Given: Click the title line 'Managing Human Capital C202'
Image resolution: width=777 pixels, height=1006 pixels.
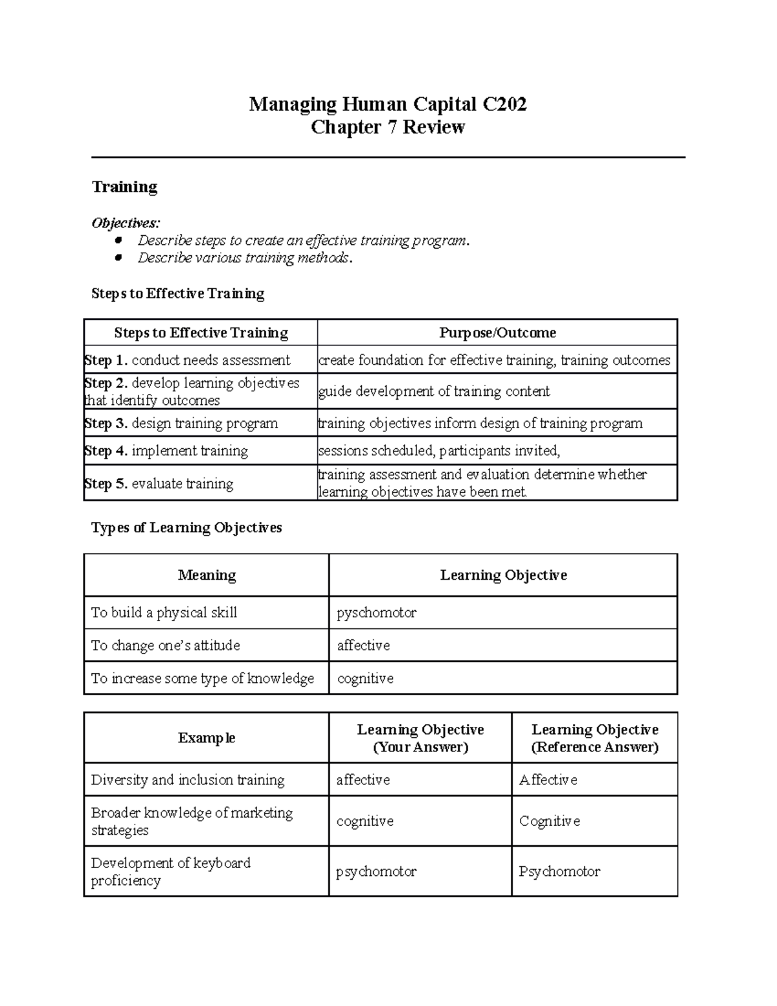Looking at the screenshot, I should click(388, 104).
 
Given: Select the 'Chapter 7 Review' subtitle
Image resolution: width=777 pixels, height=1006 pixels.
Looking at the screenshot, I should click(388, 127).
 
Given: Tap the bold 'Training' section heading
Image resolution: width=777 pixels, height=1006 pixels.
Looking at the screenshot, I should click(124, 187).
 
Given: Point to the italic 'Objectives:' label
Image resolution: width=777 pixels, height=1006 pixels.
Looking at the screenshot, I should click(126, 223).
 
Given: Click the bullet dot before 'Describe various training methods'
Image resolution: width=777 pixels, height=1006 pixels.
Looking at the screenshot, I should click(118, 258).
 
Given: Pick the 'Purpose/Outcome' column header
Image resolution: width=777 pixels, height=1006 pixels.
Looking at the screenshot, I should click(497, 333).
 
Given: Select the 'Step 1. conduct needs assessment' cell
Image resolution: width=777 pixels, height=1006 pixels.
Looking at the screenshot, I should click(188, 360).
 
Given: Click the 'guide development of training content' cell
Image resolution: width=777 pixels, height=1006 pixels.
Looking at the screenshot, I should click(434, 391).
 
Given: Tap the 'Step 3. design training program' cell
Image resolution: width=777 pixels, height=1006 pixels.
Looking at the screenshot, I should click(181, 424).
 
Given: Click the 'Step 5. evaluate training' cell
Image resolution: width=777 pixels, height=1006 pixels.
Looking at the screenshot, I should click(159, 483).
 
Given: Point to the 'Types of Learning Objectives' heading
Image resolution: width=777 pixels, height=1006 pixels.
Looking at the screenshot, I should click(186, 528).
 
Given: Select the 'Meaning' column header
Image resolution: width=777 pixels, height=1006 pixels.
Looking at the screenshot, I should click(207, 575).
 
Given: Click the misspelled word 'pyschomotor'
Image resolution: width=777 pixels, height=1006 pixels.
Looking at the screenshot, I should click(376, 613).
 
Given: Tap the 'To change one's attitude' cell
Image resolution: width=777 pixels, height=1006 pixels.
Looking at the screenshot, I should click(166, 646).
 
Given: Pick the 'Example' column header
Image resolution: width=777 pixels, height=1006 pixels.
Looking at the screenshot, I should click(207, 738).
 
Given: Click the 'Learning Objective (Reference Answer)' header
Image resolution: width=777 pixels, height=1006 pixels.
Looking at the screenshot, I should click(594, 738).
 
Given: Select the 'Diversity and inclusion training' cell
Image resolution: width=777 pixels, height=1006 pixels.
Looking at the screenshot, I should click(188, 780).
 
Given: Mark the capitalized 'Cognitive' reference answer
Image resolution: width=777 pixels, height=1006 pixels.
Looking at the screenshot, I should click(549, 821).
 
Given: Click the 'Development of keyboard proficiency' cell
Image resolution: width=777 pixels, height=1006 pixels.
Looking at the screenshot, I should click(171, 871).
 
